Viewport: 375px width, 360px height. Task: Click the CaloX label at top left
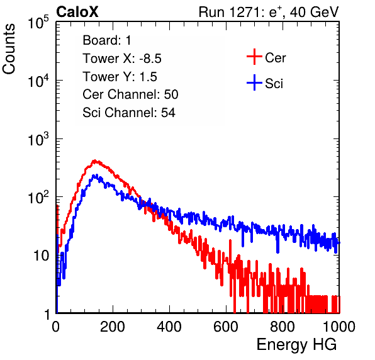point(77,12)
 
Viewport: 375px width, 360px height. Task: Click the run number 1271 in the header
point(245,12)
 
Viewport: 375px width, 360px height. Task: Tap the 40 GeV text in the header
point(314,12)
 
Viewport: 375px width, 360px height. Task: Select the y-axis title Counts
point(9,49)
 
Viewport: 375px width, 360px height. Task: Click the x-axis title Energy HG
point(296,345)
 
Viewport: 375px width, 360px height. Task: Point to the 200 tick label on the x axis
point(113,327)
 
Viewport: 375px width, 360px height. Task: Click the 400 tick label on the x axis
point(169,327)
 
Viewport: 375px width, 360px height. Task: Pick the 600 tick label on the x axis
point(226,327)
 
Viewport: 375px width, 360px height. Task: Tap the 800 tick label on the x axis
point(283,327)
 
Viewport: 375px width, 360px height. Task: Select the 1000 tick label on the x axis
point(339,327)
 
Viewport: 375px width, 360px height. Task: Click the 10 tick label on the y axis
point(41,256)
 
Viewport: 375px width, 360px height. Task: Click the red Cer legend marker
point(254,57)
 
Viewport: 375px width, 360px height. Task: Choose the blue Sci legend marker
point(254,82)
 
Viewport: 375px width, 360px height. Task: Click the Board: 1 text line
point(107,40)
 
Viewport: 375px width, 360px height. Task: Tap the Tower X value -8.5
point(150,59)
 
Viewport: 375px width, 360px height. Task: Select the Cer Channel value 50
point(171,94)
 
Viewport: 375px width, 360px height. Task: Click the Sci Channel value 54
point(168,113)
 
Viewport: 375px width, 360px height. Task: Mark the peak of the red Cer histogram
point(95,160)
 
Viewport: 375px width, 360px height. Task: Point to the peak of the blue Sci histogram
point(95,175)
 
